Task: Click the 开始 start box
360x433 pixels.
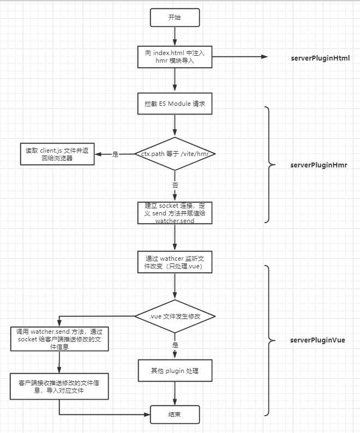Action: pos(175,17)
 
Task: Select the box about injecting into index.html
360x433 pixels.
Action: pos(175,57)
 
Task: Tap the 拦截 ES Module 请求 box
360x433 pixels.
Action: pos(175,104)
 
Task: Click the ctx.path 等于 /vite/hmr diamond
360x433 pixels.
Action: pos(175,154)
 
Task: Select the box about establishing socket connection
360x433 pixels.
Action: pos(175,213)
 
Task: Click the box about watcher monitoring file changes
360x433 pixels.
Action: pos(175,263)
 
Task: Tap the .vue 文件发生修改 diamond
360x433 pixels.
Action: pos(175,316)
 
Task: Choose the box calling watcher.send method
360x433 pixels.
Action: pos(59,339)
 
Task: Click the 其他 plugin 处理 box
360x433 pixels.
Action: pos(175,371)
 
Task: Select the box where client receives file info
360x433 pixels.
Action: pos(59,387)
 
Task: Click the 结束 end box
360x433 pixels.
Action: pos(175,415)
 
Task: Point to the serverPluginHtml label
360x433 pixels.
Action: pos(320,58)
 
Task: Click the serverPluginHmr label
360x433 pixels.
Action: pos(319,165)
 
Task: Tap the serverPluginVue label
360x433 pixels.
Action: pos(317,340)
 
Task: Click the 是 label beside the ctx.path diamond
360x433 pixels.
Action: pos(115,154)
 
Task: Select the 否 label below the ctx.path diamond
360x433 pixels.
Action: pos(175,185)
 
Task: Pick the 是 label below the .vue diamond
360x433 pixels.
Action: pos(175,345)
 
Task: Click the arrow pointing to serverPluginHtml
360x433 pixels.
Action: pos(240,57)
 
